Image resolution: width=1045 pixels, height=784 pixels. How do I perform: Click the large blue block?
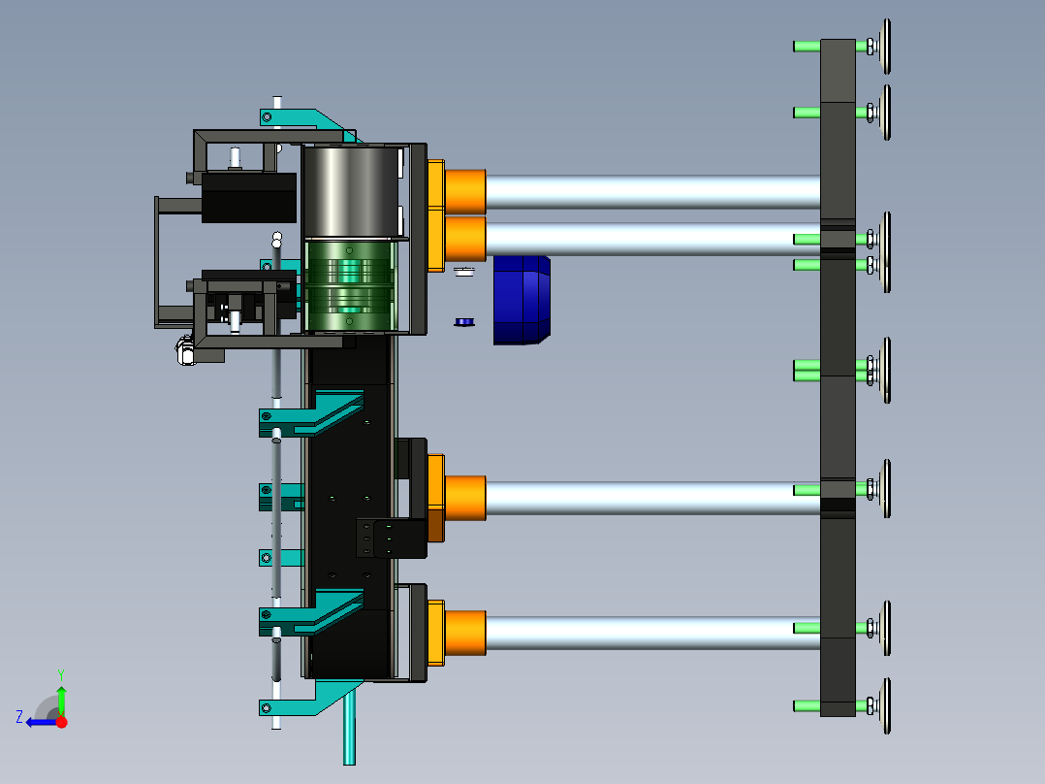[522, 300]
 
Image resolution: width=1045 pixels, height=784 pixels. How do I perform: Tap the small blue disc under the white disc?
[464, 322]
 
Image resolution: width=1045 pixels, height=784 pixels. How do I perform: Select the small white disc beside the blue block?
[464, 272]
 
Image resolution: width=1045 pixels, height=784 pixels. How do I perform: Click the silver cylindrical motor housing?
[351, 191]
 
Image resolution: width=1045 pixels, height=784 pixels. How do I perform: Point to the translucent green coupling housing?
[350, 285]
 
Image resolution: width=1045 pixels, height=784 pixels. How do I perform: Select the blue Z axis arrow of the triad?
[42, 722]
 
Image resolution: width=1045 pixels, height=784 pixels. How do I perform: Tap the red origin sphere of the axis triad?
[62, 722]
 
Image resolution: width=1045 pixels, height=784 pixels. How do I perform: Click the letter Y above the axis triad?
[61, 675]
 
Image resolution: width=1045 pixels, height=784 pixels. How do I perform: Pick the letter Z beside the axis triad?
[19, 717]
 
